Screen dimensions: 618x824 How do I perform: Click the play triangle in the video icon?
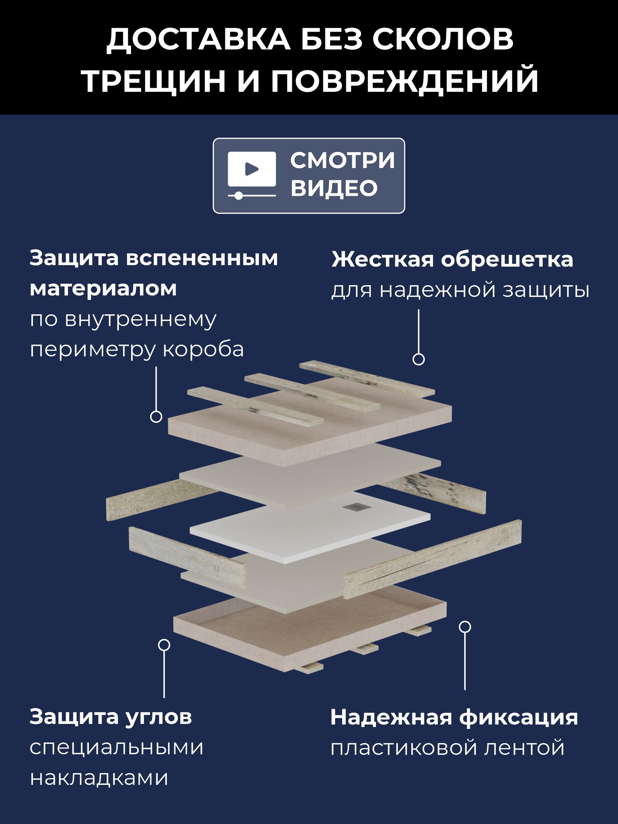[x=251, y=169]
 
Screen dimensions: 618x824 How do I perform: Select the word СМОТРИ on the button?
[x=342, y=160]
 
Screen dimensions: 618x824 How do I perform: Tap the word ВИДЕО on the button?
[x=334, y=188]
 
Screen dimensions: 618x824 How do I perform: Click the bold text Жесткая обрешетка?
[x=452, y=260]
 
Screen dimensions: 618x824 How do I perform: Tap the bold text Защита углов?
[x=110, y=717]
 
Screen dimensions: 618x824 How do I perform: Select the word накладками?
[x=99, y=778]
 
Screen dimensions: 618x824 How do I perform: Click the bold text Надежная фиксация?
[x=454, y=717]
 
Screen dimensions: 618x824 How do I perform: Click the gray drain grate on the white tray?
[x=352, y=507]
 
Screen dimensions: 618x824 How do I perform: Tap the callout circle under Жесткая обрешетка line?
[x=419, y=359]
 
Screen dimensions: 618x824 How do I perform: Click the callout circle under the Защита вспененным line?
[x=156, y=417]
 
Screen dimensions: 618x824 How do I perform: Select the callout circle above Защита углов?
[x=164, y=645]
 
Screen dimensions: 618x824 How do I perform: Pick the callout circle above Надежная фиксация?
[x=465, y=627]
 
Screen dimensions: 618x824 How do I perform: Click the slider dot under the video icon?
[x=238, y=196]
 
